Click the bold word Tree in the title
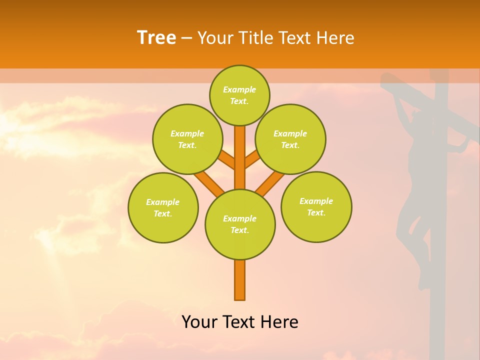[156, 37]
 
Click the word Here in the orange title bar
[337, 37]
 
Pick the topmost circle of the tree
[239, 95]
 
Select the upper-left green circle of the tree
[187, 139]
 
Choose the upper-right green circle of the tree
[290, 139]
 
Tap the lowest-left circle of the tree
[163, 207]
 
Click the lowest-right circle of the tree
[316, 206]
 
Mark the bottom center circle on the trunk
[240, 224]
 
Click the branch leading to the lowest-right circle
[270, 183]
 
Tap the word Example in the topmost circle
[239, 89]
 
